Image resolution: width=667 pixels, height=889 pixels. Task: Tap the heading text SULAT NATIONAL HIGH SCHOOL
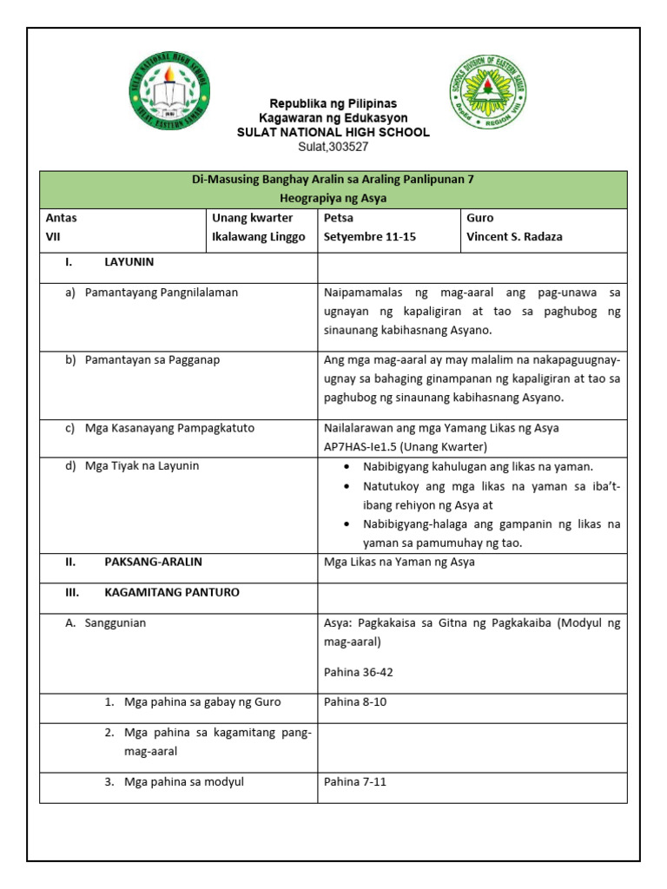333,132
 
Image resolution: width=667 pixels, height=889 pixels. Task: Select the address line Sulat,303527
333,146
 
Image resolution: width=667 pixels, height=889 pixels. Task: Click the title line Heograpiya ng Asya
333,198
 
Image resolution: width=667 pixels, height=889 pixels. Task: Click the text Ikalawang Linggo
259,237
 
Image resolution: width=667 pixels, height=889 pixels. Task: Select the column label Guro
480,218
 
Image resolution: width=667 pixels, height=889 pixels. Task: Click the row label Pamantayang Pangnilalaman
161,293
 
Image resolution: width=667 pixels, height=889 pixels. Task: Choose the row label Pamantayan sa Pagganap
152,359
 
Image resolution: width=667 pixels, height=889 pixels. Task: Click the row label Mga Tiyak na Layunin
142,465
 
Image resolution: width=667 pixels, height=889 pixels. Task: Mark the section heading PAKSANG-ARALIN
153,562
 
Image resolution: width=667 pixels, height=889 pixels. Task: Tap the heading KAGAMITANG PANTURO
172,592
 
